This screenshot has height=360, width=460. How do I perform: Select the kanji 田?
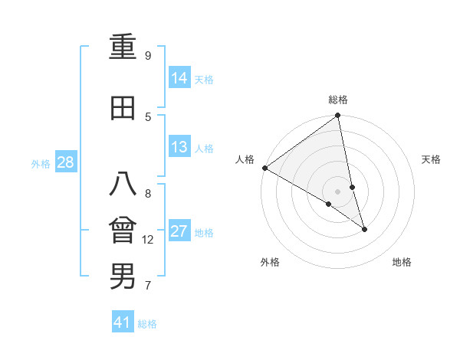[123, 109]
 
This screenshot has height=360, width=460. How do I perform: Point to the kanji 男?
[123, 277]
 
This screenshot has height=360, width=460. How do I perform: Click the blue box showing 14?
[179, 78]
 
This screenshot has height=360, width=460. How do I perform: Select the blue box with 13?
[179, 147]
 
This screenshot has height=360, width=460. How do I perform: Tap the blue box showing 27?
[179, 231]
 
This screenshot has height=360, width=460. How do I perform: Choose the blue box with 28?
[65, 162]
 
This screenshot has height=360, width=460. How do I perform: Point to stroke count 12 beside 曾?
[148, 240]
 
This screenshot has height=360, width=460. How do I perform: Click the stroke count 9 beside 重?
[148, 56]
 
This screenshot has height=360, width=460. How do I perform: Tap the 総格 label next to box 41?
[147, 324]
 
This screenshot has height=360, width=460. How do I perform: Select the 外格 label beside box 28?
[40, 163]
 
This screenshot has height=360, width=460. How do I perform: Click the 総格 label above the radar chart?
[338, 100]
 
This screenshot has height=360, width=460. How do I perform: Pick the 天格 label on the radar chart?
[432, 159]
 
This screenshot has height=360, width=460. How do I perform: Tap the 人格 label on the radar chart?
[245, 159]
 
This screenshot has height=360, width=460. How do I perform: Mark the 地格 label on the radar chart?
[402, 262]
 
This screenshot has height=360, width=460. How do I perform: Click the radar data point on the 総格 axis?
[338, 116]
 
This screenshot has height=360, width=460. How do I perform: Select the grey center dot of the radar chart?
[338, 191]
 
